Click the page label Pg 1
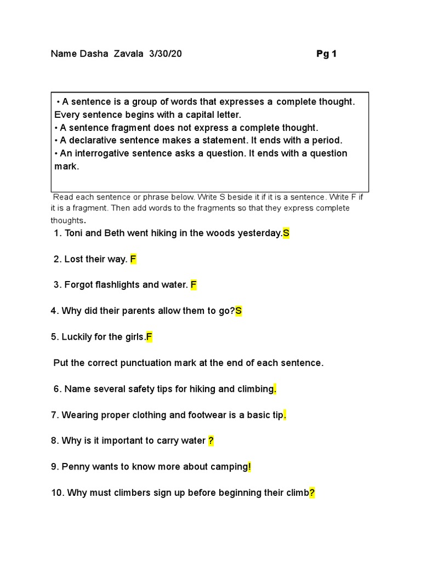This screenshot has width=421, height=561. pos(326,54)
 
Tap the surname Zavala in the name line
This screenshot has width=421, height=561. pos(128,54)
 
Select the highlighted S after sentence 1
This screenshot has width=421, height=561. pos(286,233)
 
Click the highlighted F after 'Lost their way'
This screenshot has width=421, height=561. pos(133,259)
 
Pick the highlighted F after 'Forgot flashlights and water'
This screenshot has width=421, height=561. pos(194,285)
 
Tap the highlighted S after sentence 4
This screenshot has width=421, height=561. pos(238,311)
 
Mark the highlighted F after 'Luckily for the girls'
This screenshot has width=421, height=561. pos(149,337)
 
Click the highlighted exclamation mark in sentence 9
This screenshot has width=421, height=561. pos(249,467)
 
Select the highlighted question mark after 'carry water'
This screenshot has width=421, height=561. pos(211,440)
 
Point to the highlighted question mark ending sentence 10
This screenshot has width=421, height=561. pos(312,493)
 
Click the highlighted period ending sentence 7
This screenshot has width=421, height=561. pos(285,415)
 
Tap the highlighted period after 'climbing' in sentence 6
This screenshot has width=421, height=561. pos(275,390)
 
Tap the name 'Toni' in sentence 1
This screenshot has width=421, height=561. pos(74,233)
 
